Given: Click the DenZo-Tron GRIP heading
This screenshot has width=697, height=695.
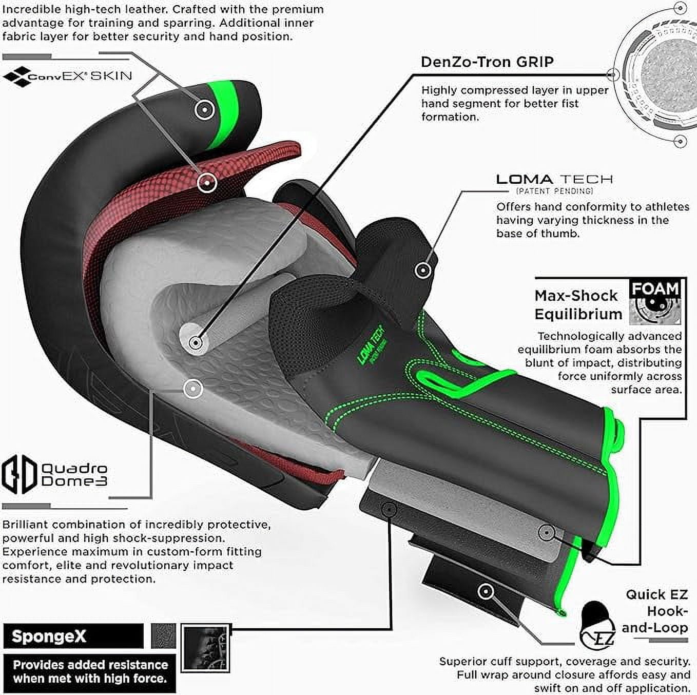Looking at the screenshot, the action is pyautogui.click(x=487, y=62).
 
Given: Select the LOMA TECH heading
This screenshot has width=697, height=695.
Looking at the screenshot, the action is pyautogui.click(x=554, y=179).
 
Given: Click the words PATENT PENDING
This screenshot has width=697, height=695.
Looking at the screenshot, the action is pyautogui.click(x=554, y=190).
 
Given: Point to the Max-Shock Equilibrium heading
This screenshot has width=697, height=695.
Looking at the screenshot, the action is pyautogui.click(x=578, y=304).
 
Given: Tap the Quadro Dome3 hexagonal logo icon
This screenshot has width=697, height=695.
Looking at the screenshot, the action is pyautogui.click(x=19, y=474).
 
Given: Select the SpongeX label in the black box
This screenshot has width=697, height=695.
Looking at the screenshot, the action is pyautogui.click(x=49, y=636).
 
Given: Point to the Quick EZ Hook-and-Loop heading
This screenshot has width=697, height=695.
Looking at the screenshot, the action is pyautogui.click(x=655, y=611).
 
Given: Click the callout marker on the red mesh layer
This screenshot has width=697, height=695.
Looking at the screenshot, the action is pyautogui.click(x=207, y=182).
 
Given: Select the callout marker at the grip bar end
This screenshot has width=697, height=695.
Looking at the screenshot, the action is pyautogui.click(x=196, y=341).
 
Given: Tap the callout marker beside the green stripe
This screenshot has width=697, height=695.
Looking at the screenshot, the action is pyautogui.click(x=204, y=109).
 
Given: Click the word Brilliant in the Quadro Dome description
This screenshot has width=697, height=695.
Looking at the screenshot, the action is pyautogui.click(x=25, y=525).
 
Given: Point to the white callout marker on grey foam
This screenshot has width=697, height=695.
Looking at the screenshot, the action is pyautogui.click(x=193, y=389).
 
